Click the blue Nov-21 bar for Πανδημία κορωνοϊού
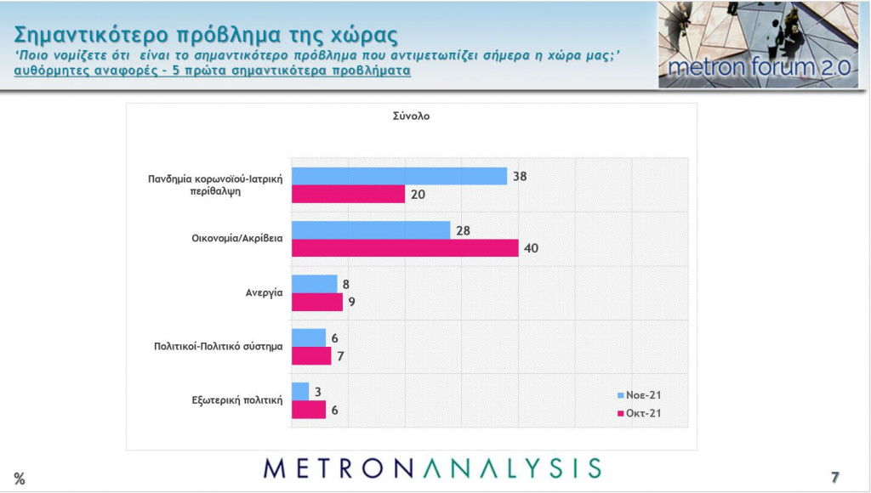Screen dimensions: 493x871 point(399,176)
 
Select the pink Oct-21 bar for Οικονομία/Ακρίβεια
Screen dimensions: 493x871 point(404,248)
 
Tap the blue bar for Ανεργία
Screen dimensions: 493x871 point(314,284)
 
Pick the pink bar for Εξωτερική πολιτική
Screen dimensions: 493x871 point(308,410)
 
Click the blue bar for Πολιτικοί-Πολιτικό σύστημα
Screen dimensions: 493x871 point(308,337)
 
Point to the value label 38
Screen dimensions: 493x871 point(521,176)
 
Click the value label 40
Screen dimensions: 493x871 point(532,248)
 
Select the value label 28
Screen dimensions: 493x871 point(464,230)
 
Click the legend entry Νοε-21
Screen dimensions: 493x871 point(638,395)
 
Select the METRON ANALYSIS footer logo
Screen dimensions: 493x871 point(432,468)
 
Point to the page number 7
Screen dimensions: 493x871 point(835,476)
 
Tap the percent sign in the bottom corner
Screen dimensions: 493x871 point(20,479)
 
